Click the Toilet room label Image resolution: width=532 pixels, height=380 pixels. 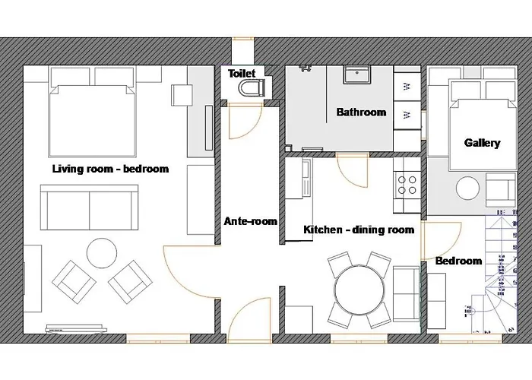tap(242, 73)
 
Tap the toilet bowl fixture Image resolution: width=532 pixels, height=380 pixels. tap(252, 88)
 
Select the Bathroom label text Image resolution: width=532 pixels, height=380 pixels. tap(361, 112)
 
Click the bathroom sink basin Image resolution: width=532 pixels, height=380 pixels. tap(357, 75)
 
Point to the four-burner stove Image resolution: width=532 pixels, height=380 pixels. tap(407, 185)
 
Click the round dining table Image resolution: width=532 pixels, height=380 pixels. tap(359, 290)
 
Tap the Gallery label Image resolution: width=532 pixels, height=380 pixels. tap(482, 143)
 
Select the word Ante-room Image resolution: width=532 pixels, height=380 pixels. tap(250, 221)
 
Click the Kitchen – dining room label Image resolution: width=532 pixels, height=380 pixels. tap(359, 230)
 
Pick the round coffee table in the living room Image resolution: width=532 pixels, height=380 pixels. tap(102, 253)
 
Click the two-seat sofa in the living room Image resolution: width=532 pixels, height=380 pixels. tap(89, 207)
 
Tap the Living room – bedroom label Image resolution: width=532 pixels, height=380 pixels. tap(110, 169)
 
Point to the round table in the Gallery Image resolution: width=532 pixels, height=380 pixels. tap(468, 188)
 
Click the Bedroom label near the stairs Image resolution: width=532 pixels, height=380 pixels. tap(459, 261)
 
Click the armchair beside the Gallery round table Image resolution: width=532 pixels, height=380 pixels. tap(501, 190)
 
